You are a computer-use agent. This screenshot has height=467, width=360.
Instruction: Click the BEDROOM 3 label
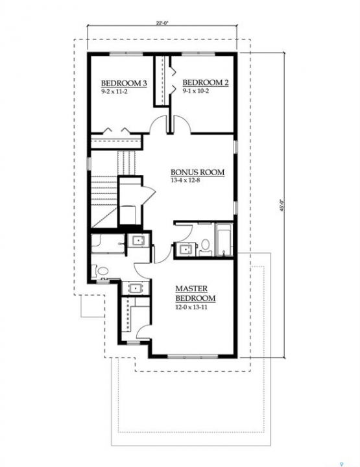[124, 83]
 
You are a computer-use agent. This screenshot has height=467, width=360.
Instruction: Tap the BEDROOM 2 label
[206, 82]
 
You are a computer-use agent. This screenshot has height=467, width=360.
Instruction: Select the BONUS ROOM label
[197, 173]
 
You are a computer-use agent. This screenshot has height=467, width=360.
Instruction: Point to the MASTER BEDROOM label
[195, 293]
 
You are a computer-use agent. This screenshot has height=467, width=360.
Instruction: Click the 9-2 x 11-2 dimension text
[114, 91]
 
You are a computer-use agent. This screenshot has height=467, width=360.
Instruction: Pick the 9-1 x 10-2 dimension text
[196, 91]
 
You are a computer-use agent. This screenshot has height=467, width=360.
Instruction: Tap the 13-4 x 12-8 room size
[185, 180]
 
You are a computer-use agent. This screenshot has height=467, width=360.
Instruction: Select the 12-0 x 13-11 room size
[191, 307]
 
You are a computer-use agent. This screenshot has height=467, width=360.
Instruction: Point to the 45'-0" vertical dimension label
[282, 205]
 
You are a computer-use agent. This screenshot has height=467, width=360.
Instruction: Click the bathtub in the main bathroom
[224, 240]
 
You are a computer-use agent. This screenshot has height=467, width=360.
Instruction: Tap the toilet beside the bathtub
[205, 247]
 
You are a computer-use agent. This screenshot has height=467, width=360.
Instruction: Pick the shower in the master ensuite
[108, 244]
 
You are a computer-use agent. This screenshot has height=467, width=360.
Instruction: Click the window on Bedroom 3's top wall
[126, 53]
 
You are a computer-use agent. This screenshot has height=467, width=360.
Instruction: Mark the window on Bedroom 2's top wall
[198, 53]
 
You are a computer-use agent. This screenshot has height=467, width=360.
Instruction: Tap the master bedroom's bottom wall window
[193, 356]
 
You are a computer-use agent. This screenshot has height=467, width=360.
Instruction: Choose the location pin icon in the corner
[346, 464]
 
